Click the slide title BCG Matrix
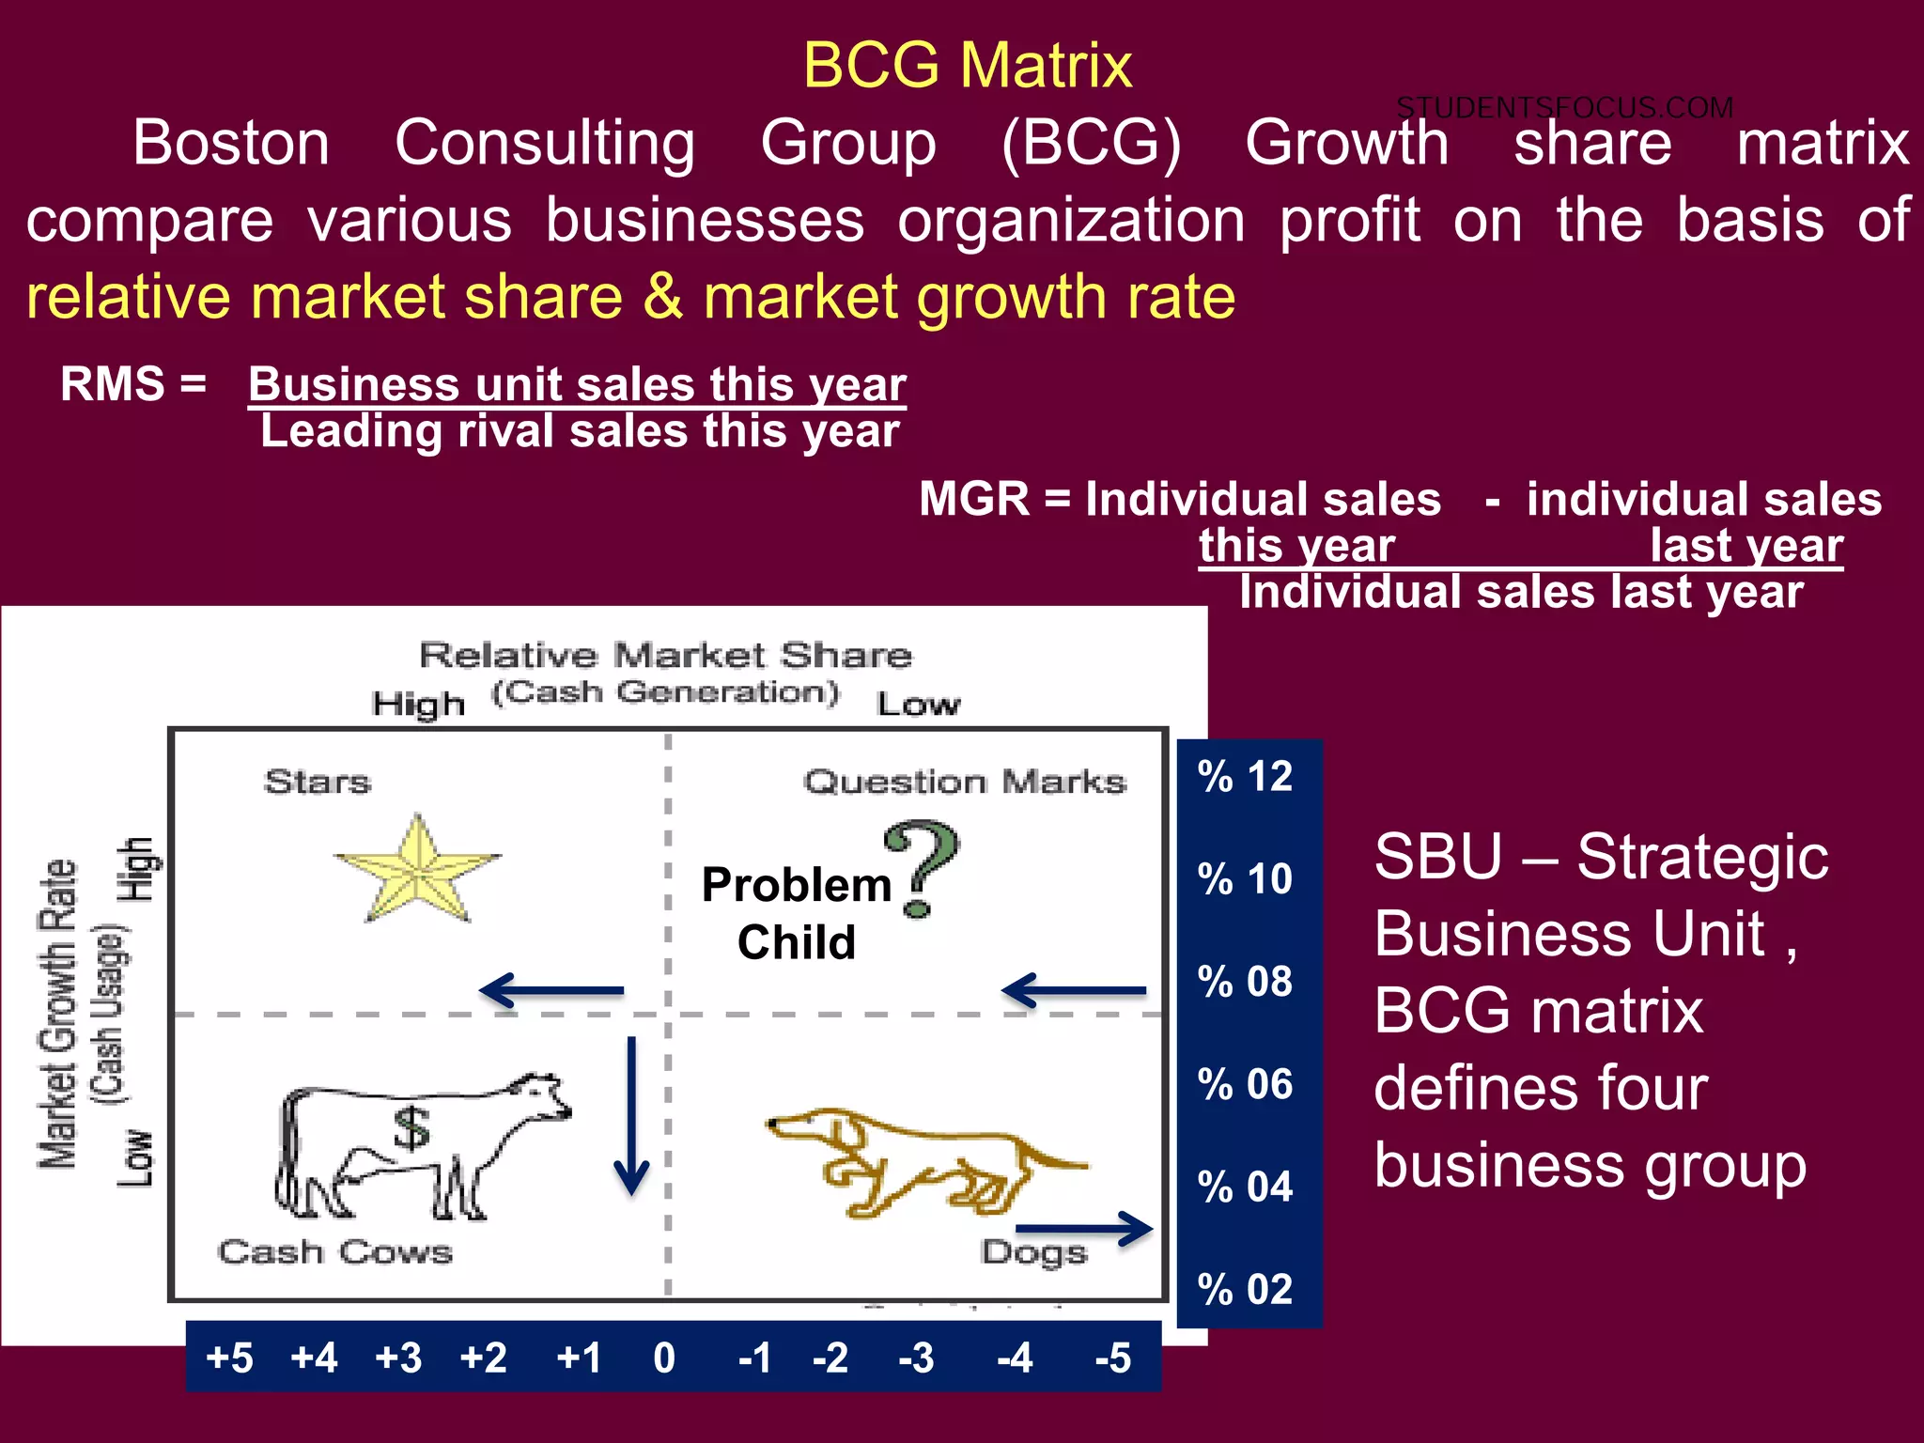point(967,66)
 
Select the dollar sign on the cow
point(411,1128)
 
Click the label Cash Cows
point(335,1252)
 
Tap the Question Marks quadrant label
point(965,782)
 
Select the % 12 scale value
point(1245,777)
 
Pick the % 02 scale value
point(1245,1289)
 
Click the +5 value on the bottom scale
point(230,1358)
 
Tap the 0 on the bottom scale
point(664,1358)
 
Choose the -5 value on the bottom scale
point(1113,1358)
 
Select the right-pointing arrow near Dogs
point(1084,1228)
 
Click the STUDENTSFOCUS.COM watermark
point(1564,108)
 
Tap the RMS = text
point(133,384)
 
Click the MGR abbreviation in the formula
point(974,499)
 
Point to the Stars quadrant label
point(318,782)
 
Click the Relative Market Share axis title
point(665,655)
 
